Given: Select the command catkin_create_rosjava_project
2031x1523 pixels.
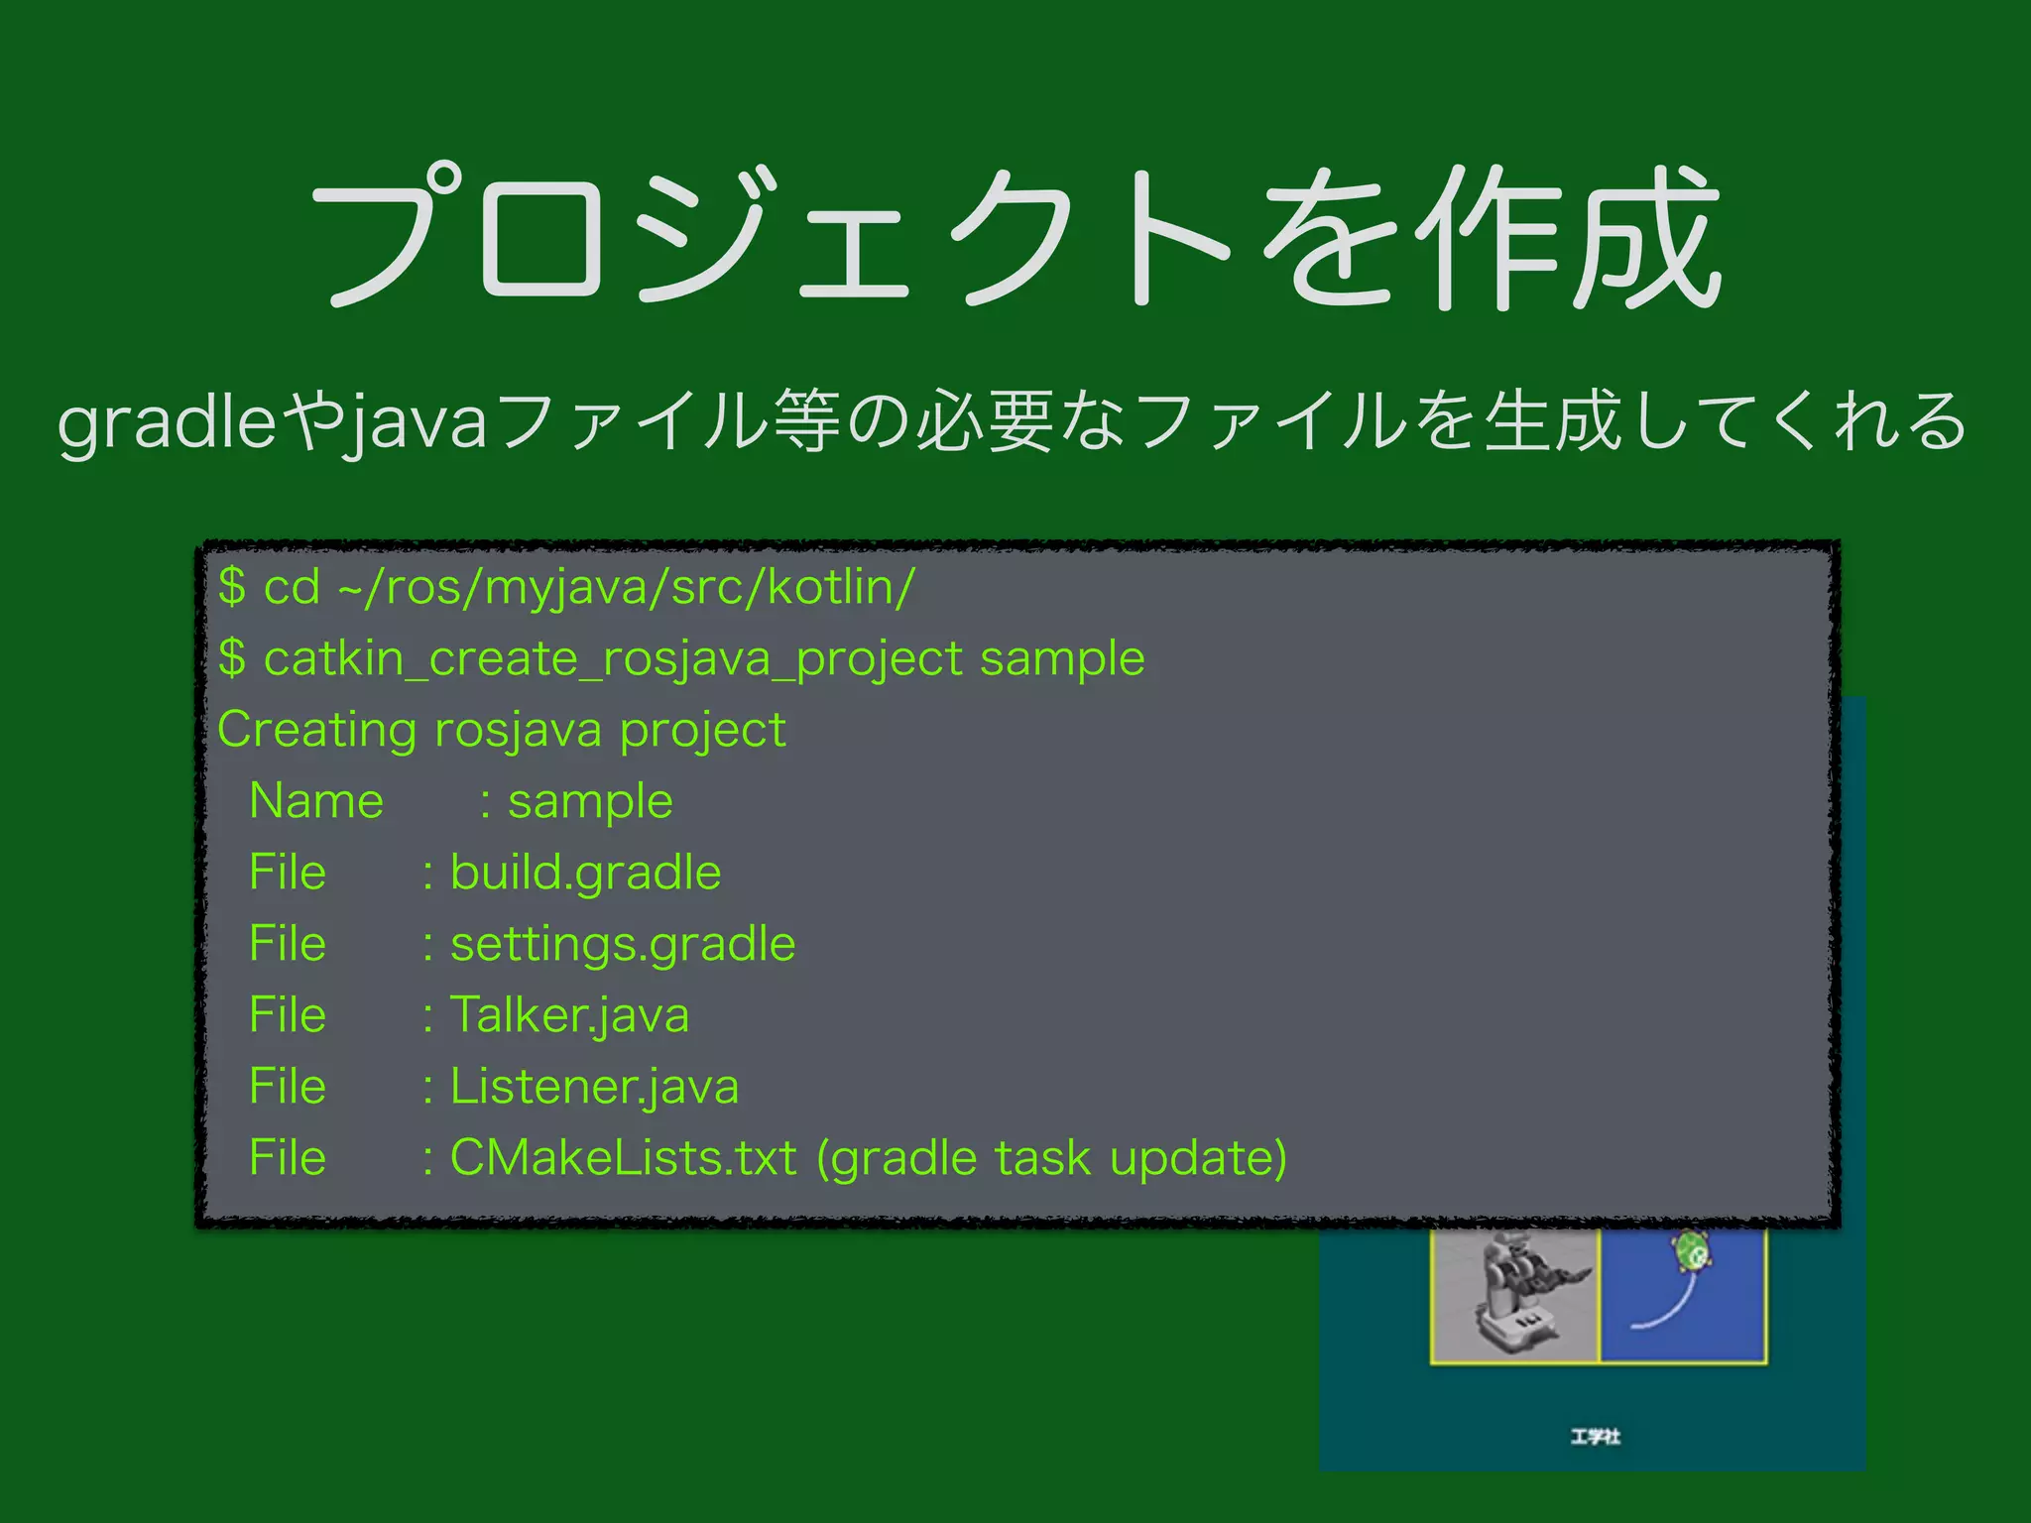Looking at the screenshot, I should (x=613, y=659).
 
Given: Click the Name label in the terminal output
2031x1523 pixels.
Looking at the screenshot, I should (x=316, y=801).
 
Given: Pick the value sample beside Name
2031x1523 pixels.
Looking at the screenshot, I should (x=590, y=802).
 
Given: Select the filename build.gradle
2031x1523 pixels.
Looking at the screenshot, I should (x=585, y=874).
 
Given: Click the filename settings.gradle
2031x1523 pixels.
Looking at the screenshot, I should (x=623, y=945).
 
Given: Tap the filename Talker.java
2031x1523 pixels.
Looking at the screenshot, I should (x=569, y=1015).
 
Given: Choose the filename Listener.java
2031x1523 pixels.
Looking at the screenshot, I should (x=594, y=1087).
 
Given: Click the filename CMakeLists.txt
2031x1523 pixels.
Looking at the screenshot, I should (x=623, y=1158).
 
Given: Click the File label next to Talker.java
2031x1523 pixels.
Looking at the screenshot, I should (x=288, y=1015).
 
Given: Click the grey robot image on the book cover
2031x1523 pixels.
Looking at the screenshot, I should (x=1513, y=1294).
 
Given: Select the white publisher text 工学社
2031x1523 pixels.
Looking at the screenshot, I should (x=1595, y=1436).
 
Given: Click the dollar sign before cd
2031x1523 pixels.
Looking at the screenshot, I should (x=232, y=587).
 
